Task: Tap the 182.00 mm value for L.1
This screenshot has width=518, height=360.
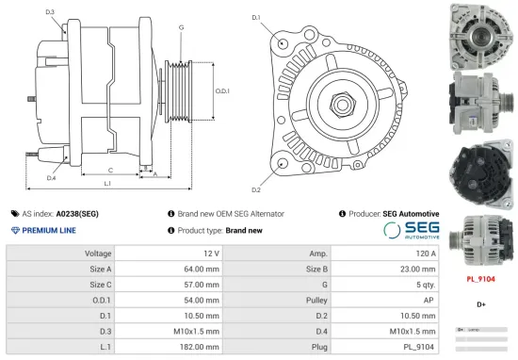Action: pyautogui.click(x=202, y=346)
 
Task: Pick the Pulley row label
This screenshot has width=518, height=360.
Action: pyautogui.click(x=317, y=300)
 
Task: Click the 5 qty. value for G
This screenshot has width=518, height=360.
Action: pyautogui.click(x=425, y=285)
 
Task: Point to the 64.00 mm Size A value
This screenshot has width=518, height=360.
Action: pyautogui.click(x=202, y=270)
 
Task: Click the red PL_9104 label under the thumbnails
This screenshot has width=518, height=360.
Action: pyautogui.click(x=481, y=279)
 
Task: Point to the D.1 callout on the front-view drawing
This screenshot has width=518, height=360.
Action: pyautogui.click(x=257, y=17)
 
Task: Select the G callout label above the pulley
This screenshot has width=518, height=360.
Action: pyautogui.click(x=180, y=27)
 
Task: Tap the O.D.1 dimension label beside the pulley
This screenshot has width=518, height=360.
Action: pyautogui.click(x=222, y=91)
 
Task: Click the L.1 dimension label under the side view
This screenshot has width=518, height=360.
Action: pyautogui.click(x=107, y=183)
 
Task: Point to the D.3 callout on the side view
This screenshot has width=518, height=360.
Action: pyautogui.click(x=50, y=12)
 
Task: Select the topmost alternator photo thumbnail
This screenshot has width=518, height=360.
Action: pyautogui.click(x=481, y=34)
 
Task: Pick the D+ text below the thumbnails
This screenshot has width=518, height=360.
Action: pyautogui.click(x=481, y=304)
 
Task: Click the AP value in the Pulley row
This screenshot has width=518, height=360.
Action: pyautogui.click(x=429, y=300)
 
